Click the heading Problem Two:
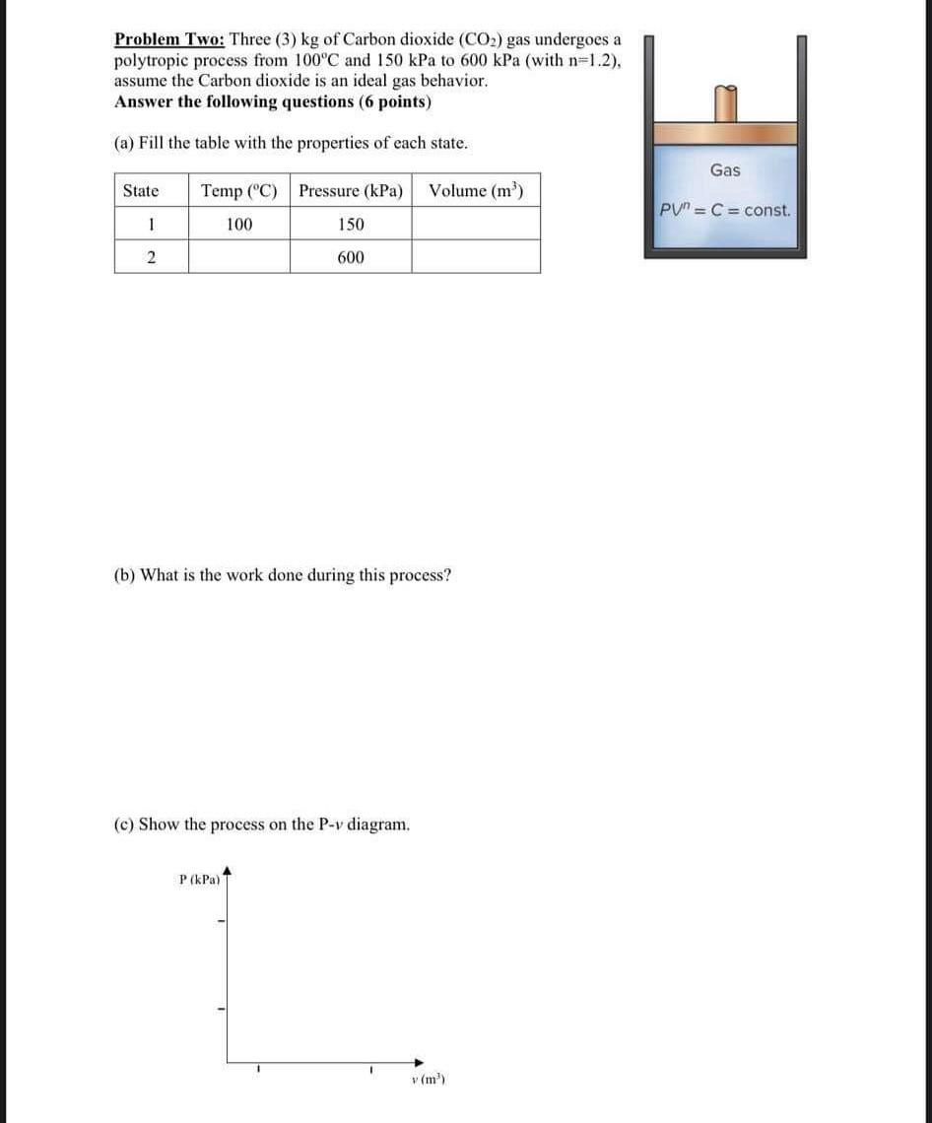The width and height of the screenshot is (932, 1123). [x=169, y=39]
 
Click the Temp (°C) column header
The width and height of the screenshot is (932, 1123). [x=238, y=191]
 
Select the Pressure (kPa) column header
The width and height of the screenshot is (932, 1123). [x=351, y=191]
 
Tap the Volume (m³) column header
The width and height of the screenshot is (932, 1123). [x=476, y=191]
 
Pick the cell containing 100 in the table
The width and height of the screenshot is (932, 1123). [x=238, y=225]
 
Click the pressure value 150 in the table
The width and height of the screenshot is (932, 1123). [x=351, y=225]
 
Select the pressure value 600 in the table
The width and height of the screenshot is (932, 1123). [x=351, y=257]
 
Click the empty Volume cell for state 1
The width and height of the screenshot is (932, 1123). [x=476, y=225]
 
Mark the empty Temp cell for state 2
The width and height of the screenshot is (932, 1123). [x=238, y=257]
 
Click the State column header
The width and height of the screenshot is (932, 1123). [x=140, y=191]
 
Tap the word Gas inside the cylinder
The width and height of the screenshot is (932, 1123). [x=725, y=170]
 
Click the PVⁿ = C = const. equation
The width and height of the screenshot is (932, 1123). [x=725, y=211]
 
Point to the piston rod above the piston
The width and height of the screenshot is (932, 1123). [x=725, y=103]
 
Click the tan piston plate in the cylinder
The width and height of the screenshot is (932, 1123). [x=725, y=134]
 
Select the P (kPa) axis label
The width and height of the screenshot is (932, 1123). [x=199, y=878]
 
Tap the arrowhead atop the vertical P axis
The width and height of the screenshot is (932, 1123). [x=228, y=870]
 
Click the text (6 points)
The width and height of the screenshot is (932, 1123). [x=395, y=102]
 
